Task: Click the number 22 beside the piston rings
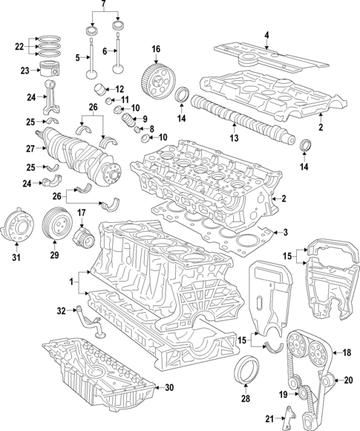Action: pos(19,47)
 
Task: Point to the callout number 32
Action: pos(62,310)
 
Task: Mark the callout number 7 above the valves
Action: pos(104,6)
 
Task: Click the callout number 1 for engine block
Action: pos(72,282)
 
